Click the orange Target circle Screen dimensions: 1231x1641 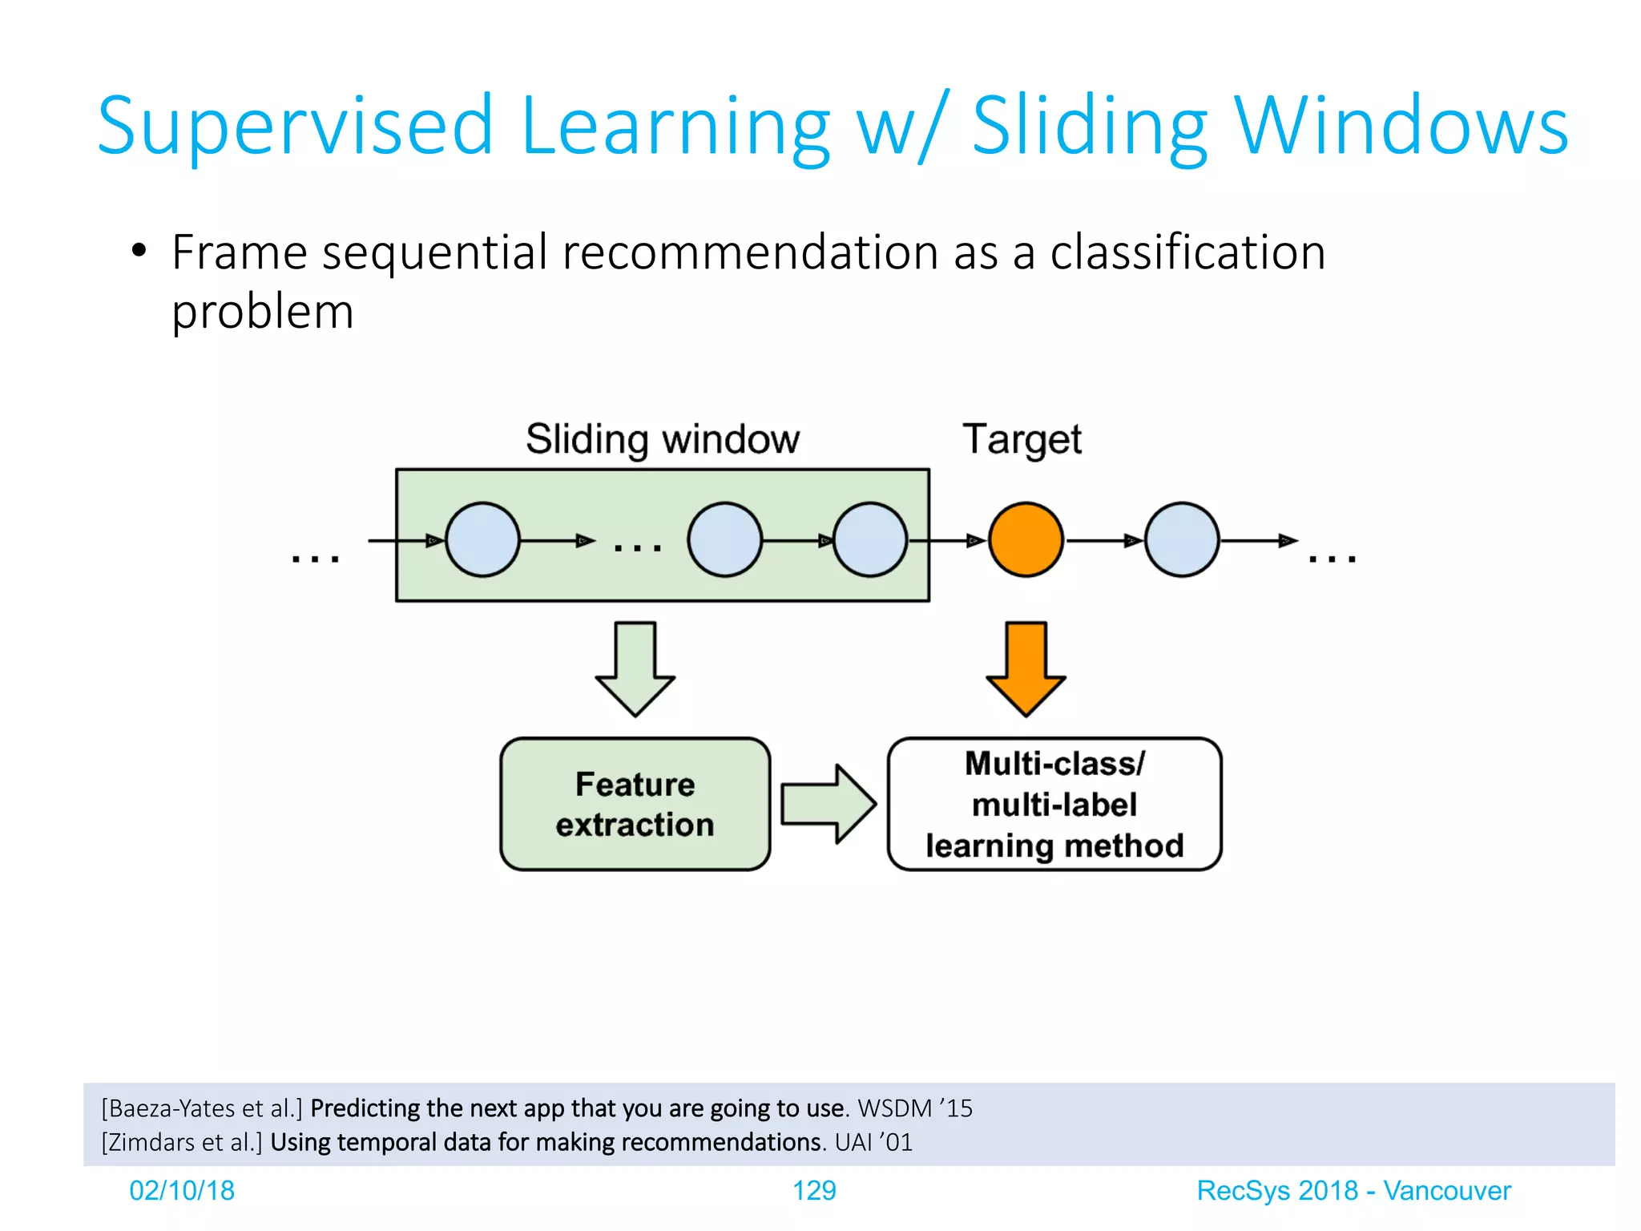point(1025,539)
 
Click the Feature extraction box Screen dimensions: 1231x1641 point(635,804)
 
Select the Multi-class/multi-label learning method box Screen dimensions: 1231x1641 point(1054,804)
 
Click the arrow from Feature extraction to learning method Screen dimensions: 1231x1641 point(829,803)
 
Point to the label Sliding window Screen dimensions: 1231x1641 point(662,439)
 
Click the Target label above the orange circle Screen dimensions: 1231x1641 point(1022,439)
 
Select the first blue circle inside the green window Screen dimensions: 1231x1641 point(482,539)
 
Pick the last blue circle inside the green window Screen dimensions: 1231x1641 point(869,539)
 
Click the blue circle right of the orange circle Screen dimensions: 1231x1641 point(1181,539)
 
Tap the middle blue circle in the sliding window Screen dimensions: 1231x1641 point(724,539)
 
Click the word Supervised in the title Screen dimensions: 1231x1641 point(295,126)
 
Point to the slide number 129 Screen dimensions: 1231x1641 point(813,1190)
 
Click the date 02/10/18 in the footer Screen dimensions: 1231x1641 point(182,1190)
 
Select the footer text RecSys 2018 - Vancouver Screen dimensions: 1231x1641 point(1353,1190)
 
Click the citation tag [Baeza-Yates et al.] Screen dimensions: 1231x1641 point(202,1108)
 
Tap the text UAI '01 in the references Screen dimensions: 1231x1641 point(873,1142)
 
